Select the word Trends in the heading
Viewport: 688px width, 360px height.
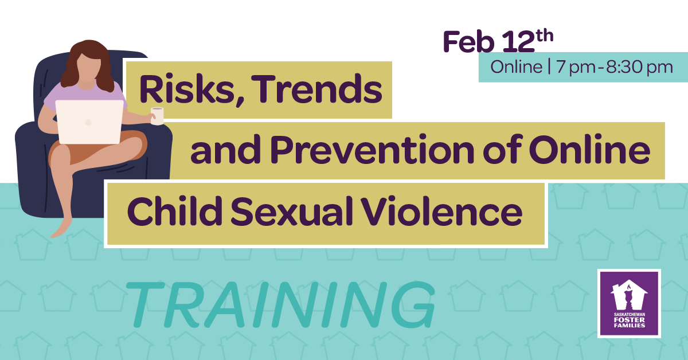pyautogui.click(x=317, y=89)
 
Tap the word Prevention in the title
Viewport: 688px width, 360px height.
pyautogui.click(x=373, y=150)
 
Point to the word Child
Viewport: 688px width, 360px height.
pyautogui.click(x=175, y=210)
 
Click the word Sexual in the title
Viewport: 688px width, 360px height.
pyautogui.click(x=291, y=211)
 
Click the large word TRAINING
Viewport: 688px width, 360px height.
pyautogui.click(x=280, y=304)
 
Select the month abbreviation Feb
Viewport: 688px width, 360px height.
pyautogui.click(x=468, y=42)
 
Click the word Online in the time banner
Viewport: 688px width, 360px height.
pyautogui.click(x=517, y=66)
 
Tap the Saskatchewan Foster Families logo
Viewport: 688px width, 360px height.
pyautogui.click(x=629, y=303)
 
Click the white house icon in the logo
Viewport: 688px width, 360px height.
pyautogui.click(x=629, y=295)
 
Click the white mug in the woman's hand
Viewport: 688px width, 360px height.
pyautogui.click(x=157, y=116)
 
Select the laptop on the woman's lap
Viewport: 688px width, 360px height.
pyautogui.click(x=89, y=122)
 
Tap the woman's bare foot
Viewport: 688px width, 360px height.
pyautogui.click(x=61, y=229)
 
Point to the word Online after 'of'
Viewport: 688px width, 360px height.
pyautogui.click(x=590, y=150)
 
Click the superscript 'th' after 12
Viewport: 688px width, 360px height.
pyautogui.click(x=545, y=36)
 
